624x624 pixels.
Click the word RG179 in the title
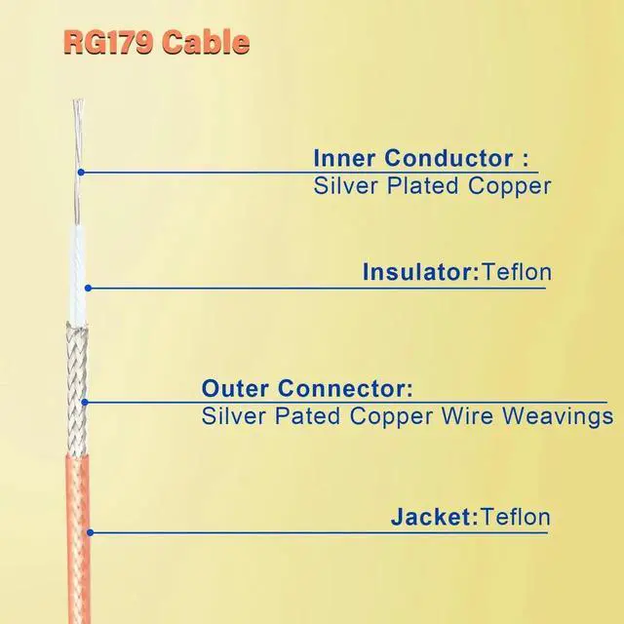[103, 42]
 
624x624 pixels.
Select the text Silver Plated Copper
[432, 186]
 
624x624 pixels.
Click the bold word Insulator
[416, 271]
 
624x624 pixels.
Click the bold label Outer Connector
[307, 389]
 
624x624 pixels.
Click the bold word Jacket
[431, 517]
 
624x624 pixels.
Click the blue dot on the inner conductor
[82, 173]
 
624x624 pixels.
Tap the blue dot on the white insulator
[87, 287]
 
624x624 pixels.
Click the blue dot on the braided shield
[85, 402]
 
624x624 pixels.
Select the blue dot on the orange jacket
[90, 532]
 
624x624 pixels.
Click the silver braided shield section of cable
[78, 390]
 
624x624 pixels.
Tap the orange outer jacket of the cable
[84, 546]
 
